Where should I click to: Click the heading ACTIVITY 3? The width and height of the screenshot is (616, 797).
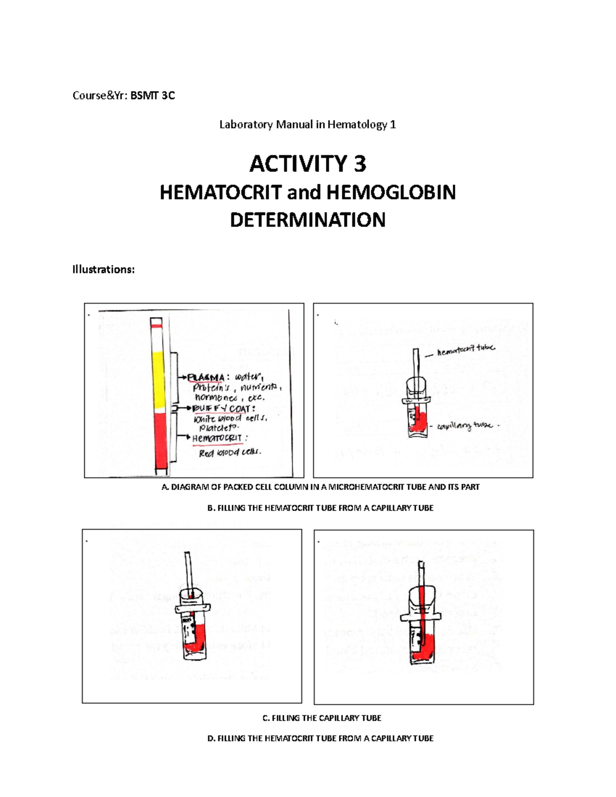click(307, 164)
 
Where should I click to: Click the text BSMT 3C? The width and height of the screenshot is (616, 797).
click(152, 95)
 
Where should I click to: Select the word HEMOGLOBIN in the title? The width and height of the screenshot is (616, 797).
click(391, 192)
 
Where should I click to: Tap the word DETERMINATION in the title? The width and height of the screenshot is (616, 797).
click(307, 220)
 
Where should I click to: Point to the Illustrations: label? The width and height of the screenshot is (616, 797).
click(103, 269)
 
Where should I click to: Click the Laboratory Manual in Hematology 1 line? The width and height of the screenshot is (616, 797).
click(307, 125)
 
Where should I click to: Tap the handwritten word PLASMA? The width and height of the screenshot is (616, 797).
click(206, 378)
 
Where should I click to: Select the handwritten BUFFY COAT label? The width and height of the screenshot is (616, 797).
click(221, 409)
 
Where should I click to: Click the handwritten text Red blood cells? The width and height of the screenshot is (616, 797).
click(230, 453)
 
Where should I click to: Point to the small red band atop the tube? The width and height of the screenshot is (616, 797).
click(157, 325)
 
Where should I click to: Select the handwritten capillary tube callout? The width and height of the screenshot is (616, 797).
click(465, 426)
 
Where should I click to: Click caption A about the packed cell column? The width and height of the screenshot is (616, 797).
click(320, 487)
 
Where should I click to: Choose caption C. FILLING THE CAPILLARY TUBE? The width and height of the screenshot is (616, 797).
click(322, 718)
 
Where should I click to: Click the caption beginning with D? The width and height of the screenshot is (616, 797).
click(320, 738)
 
